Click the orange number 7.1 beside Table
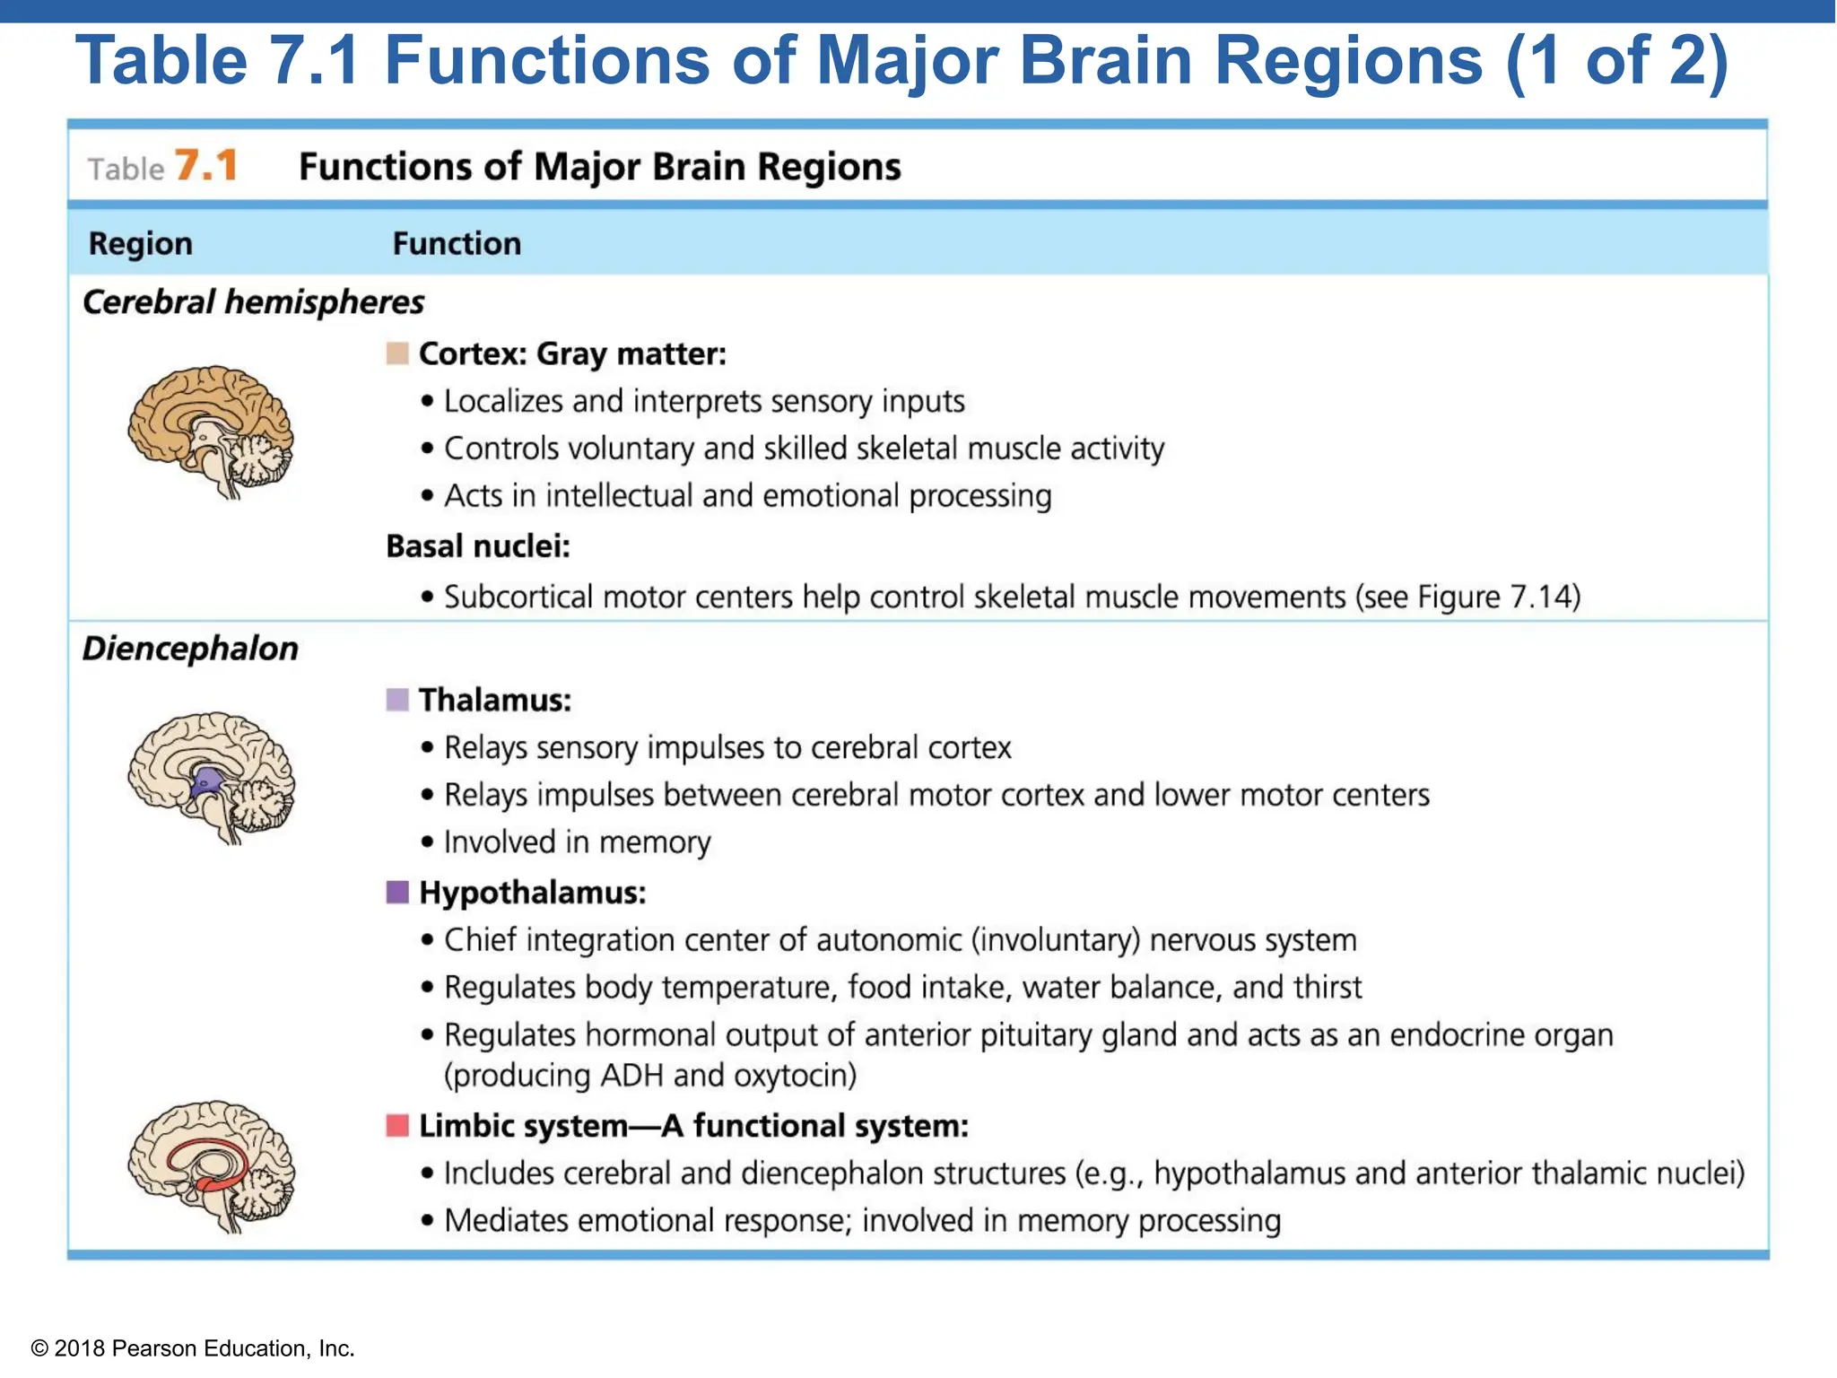206,166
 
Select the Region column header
141,244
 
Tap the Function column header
457,244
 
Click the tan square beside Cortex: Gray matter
397,353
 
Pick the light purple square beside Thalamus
397,700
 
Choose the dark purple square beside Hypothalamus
397,893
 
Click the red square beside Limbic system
397,1126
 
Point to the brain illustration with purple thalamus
212,777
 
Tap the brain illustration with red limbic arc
212,1166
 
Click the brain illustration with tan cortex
212,431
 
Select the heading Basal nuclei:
478,546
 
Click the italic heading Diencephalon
190,649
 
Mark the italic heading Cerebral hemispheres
253,302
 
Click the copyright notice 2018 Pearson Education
193,1348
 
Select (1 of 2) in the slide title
1616,61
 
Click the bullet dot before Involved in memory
428,843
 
